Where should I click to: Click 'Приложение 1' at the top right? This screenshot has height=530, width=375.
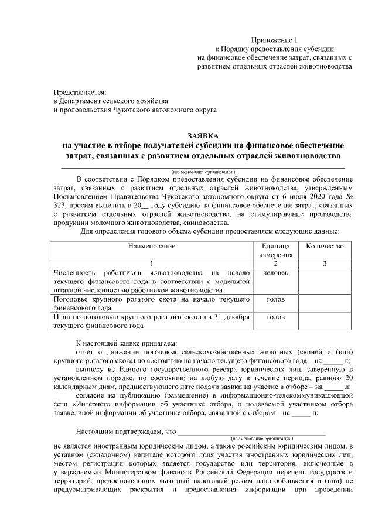pyautogui.click(x=274, y=39)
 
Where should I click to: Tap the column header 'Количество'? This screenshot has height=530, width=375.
pyautogui.click(x=325, y=247)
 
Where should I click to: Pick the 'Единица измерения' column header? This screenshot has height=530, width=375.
pyautogui.click(x=275, y=251)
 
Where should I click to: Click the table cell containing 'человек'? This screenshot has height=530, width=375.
pyautogui.click(x=275, y=273)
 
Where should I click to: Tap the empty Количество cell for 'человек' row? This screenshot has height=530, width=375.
pyautogui.click(x=325, y=281)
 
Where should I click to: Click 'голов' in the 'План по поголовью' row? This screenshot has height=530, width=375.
pyautogui.click(x=275, y=317)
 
